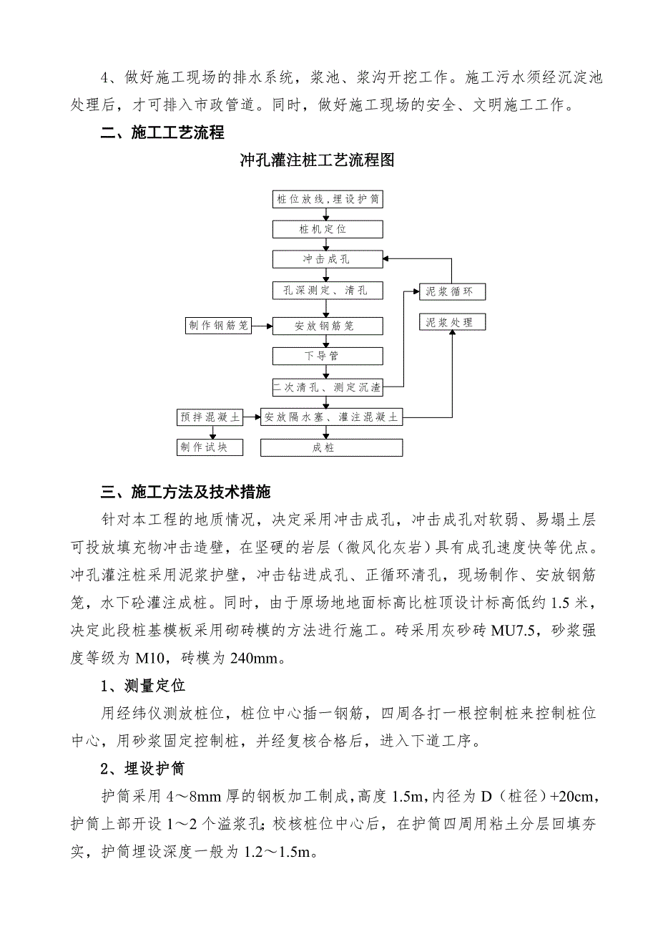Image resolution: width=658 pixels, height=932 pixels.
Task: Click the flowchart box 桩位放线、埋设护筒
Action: (x=328, y=199)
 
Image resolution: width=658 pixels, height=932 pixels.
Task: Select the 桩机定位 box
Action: (x=328, y=229)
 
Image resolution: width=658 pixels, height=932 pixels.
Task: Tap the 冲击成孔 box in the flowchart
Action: (x=328, y=259)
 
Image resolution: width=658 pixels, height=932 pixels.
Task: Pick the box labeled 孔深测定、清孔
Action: (x=328, y=291)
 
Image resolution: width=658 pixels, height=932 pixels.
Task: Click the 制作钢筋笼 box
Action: (x=218, y=326)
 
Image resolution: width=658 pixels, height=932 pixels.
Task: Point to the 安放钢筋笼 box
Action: (x=328, y=326)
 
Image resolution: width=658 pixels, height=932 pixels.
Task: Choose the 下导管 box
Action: (x=328, y=356)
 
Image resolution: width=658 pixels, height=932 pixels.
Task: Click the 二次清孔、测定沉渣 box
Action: (x=328, y=387)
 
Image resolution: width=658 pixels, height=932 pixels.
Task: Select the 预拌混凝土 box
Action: (x=210, y=417)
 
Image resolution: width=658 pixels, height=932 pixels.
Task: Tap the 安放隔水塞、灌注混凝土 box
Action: (x=330, y=417)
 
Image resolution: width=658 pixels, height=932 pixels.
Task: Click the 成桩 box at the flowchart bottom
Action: (x=330, y=447)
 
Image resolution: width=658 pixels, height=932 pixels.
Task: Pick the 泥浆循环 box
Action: (x=451, y=291)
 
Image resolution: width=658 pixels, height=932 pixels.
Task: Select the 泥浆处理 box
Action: (x=451, y=323)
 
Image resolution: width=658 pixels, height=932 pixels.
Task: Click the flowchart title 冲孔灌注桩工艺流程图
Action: (x=317, y=160)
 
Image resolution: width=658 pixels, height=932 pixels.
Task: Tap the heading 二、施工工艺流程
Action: (x=162, y=132)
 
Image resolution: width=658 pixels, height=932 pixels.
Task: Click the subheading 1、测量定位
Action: (x=143, y=686)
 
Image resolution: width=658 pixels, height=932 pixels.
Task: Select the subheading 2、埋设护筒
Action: (x=143, y=769)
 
